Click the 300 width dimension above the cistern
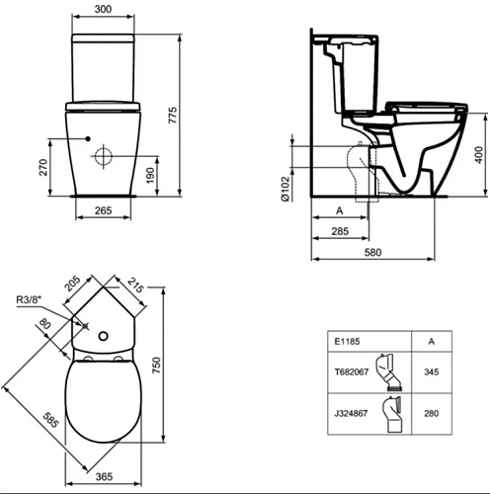tap(103, 9)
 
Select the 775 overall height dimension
tap(173, 115)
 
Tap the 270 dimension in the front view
tap(43, 167)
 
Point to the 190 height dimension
tap(150, 176)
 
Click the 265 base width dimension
tap(103, 210)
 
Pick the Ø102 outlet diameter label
tap(286, 189)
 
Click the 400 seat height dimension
tap(479, 155)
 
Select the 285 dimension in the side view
tap(340, 231)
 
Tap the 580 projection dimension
tap(372, 252)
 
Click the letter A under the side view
tap(340, 210)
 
